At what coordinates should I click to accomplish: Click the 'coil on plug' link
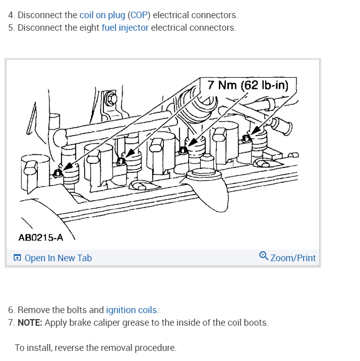(102, 16)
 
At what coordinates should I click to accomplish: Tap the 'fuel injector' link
(125, 28)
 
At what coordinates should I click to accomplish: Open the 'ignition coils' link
(131, 310)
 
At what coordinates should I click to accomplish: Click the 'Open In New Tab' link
(58, 258)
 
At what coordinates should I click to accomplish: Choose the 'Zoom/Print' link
(293, 258)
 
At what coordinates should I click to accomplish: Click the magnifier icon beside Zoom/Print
(264, 257)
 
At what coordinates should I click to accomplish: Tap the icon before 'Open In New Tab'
(18, 258)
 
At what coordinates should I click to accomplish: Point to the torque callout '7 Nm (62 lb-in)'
(248, 85)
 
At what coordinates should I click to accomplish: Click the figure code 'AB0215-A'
(41, 237)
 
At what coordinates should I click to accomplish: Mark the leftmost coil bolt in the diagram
(58, 173)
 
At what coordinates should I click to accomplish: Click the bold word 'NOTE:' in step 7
(30, 322)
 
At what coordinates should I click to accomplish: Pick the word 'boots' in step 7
(256, 322)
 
